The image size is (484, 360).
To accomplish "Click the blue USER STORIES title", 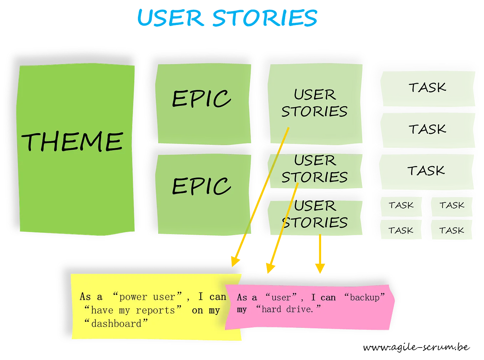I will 227,18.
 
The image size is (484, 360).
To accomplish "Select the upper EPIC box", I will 202,99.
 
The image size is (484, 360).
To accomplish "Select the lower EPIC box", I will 202,186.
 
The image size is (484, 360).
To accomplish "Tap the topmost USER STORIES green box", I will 314,103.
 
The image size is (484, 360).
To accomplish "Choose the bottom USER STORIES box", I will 315,214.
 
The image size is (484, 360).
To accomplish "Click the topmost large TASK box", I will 427,87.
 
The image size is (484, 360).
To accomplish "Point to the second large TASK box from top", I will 427,129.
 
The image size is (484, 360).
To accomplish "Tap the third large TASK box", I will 426,170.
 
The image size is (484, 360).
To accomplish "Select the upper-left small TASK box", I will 401,205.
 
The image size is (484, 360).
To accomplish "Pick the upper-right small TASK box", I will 452,205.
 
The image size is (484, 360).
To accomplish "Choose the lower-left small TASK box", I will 401,231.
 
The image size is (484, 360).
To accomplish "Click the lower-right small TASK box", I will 452,231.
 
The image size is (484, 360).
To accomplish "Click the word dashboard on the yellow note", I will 116,324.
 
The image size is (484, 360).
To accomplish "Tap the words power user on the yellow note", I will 147,297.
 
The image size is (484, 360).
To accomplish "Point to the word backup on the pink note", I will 365,297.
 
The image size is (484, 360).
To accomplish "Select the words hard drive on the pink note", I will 287,309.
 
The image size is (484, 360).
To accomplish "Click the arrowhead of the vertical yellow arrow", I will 320,268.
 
